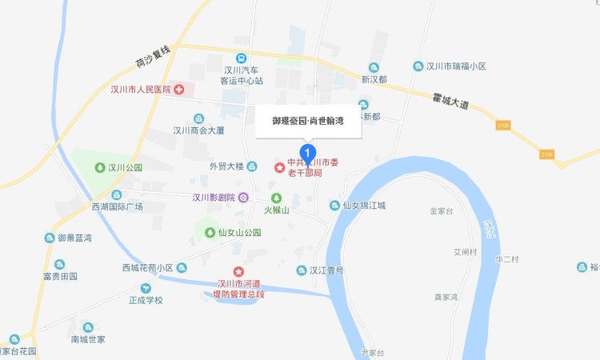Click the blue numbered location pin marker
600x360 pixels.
click(x=307, y=152)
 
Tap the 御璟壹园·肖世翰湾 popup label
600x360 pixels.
click(x=308, y=121)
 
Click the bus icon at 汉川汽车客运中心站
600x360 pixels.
click(x=241, y=58)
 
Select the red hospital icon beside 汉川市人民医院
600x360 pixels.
click(x=178, y=89)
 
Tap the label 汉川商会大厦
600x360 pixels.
click(x=202, y=130)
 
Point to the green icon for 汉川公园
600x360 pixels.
click(x=99, y=168)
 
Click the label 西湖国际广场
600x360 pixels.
click(x=117, y=206)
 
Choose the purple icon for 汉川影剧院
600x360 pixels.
click(x=243, y=198)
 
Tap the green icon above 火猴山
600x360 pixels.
click(x=276, y=198)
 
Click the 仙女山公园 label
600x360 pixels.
click(x=239, y=233)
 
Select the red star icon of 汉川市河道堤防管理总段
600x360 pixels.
click(x=237, y=272)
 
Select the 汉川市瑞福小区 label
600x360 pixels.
click(x=456, y=66)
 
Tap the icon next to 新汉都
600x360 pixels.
click(x=373, y=67)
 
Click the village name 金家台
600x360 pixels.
click(x=442, y=211)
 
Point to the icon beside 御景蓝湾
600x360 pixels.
click(x=50, y=238)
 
